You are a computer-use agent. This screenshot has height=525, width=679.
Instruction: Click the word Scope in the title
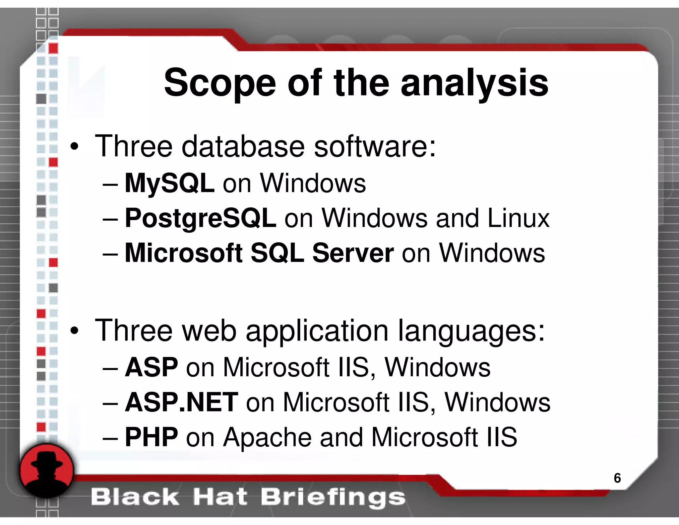pyautogui.click(x=220, y=83)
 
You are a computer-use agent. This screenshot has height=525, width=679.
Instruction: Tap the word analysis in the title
pyautogui.click(x=474, y=83)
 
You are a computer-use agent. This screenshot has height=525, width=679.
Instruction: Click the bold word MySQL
pyautogui.click(x=169, y=183)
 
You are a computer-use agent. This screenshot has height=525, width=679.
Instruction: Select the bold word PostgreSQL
pyautogui.click(x=200, y=218)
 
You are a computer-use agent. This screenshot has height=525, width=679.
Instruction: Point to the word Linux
pyautogui.click(x=518, y=218)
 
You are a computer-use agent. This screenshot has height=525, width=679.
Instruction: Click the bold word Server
pyautogui.click(x=353, y=253)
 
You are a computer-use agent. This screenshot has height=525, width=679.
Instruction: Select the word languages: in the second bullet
pyautogui.click(x=471, y=331)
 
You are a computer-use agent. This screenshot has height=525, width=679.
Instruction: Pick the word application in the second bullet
pyautogui.click(x=317, y=331)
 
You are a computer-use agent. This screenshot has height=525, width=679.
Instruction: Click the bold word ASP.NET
pyautogui.click(x=181, y=403)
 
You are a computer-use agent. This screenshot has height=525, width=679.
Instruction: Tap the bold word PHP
pyautogui.click(x=152, y=437)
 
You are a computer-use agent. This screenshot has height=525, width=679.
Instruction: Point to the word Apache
pyautogui.click(x=267, y=437)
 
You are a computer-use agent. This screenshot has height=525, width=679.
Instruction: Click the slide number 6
pyautogui.click(x=617, y=478)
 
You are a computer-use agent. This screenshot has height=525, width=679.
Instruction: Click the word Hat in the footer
pyautogui.click(x=220, y=497)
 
